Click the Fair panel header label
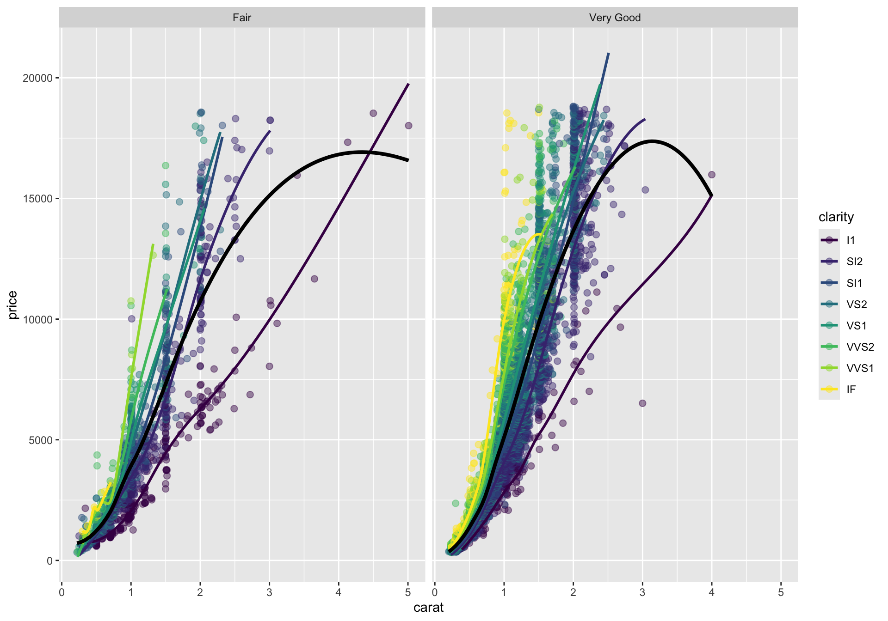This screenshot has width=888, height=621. point(242,18)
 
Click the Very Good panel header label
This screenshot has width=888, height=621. point(615,18)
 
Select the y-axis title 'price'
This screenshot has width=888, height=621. point(12,305)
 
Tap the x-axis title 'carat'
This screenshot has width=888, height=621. point(428,607)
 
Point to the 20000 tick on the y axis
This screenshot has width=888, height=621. point(37,78)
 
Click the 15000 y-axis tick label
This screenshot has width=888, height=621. point(37,199)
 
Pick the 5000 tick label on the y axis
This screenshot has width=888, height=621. point(40,440)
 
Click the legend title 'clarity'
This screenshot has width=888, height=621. point(836,217)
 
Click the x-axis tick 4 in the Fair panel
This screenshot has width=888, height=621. point(339,592)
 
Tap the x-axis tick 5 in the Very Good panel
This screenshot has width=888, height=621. point(781,592)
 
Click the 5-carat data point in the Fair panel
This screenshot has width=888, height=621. point(408,126)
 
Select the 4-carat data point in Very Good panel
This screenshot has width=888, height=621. point(712,175)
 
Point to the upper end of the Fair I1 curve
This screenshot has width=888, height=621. point(408,84)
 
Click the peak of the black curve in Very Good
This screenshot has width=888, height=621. point(653,141)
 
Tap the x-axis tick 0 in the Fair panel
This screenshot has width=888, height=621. point(62,592)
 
